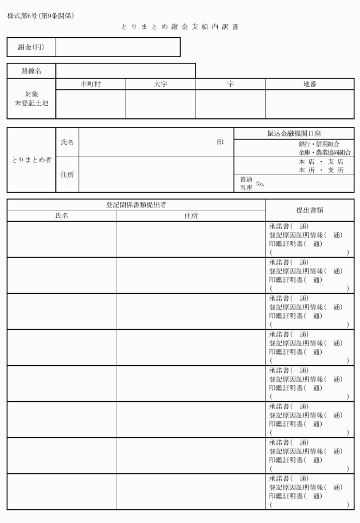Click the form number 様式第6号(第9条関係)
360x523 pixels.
[41, 15]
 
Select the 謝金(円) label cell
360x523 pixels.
[31, 47]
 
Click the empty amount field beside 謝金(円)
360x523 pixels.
[118, 47]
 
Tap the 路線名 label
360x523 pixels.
[31, 71]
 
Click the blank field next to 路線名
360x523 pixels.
[125, 71]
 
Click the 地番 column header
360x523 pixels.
[309, 84]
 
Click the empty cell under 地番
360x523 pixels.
[309, 104]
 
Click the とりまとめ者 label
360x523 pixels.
[31, 159]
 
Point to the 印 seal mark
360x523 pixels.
[220, 142]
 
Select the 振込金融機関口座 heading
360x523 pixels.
[294, 133]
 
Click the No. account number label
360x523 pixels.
[261, 184]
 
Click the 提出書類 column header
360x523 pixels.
[310, 210]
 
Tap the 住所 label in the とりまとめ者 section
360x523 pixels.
[67, 175]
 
